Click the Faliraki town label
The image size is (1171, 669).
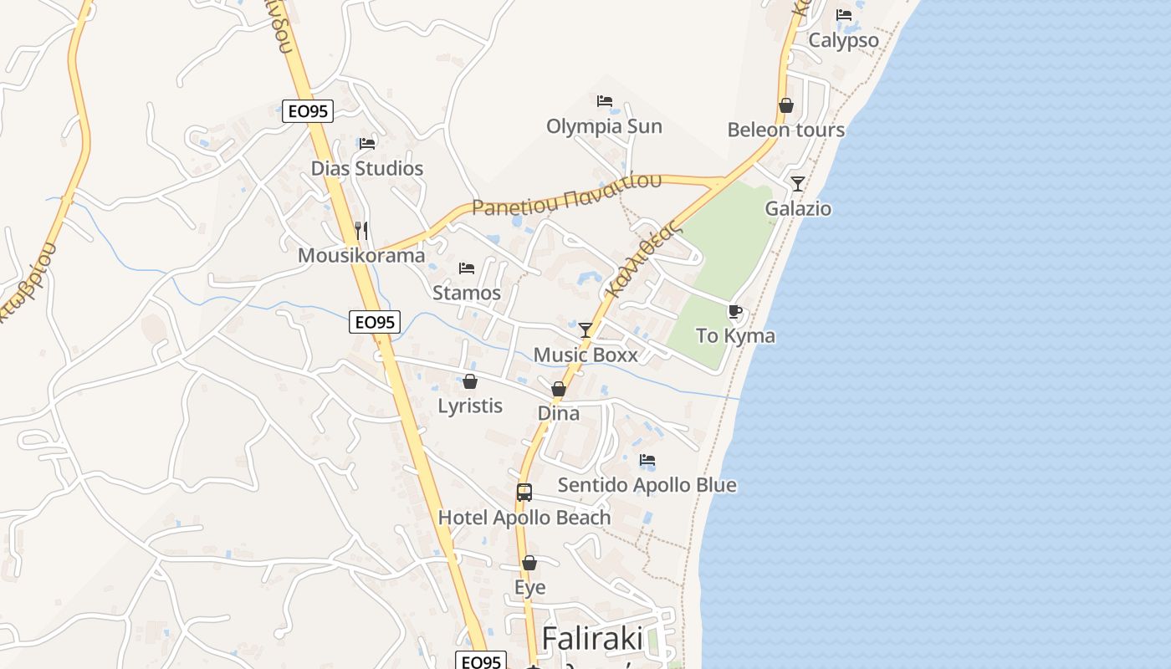593,639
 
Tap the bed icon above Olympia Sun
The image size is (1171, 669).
605,101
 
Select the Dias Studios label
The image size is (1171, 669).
367,168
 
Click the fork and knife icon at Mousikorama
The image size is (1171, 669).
361,230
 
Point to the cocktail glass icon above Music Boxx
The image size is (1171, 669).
585,330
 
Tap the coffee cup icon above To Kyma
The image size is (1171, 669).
735,312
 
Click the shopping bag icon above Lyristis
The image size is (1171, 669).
470,381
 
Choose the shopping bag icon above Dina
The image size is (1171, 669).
559,389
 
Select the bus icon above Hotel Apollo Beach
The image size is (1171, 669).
524,493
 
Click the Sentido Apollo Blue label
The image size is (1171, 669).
647,485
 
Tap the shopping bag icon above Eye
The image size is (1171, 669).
529,563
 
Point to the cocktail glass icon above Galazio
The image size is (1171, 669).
798,184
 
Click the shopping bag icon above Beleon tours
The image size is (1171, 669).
786,105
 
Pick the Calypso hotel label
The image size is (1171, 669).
843,40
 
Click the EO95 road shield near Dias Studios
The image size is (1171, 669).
308,110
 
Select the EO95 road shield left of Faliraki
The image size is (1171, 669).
481,661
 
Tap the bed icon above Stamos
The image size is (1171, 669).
467,268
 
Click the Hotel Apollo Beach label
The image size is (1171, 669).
524,518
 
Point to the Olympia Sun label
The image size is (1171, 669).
604,126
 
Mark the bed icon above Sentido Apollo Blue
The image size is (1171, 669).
647,460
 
